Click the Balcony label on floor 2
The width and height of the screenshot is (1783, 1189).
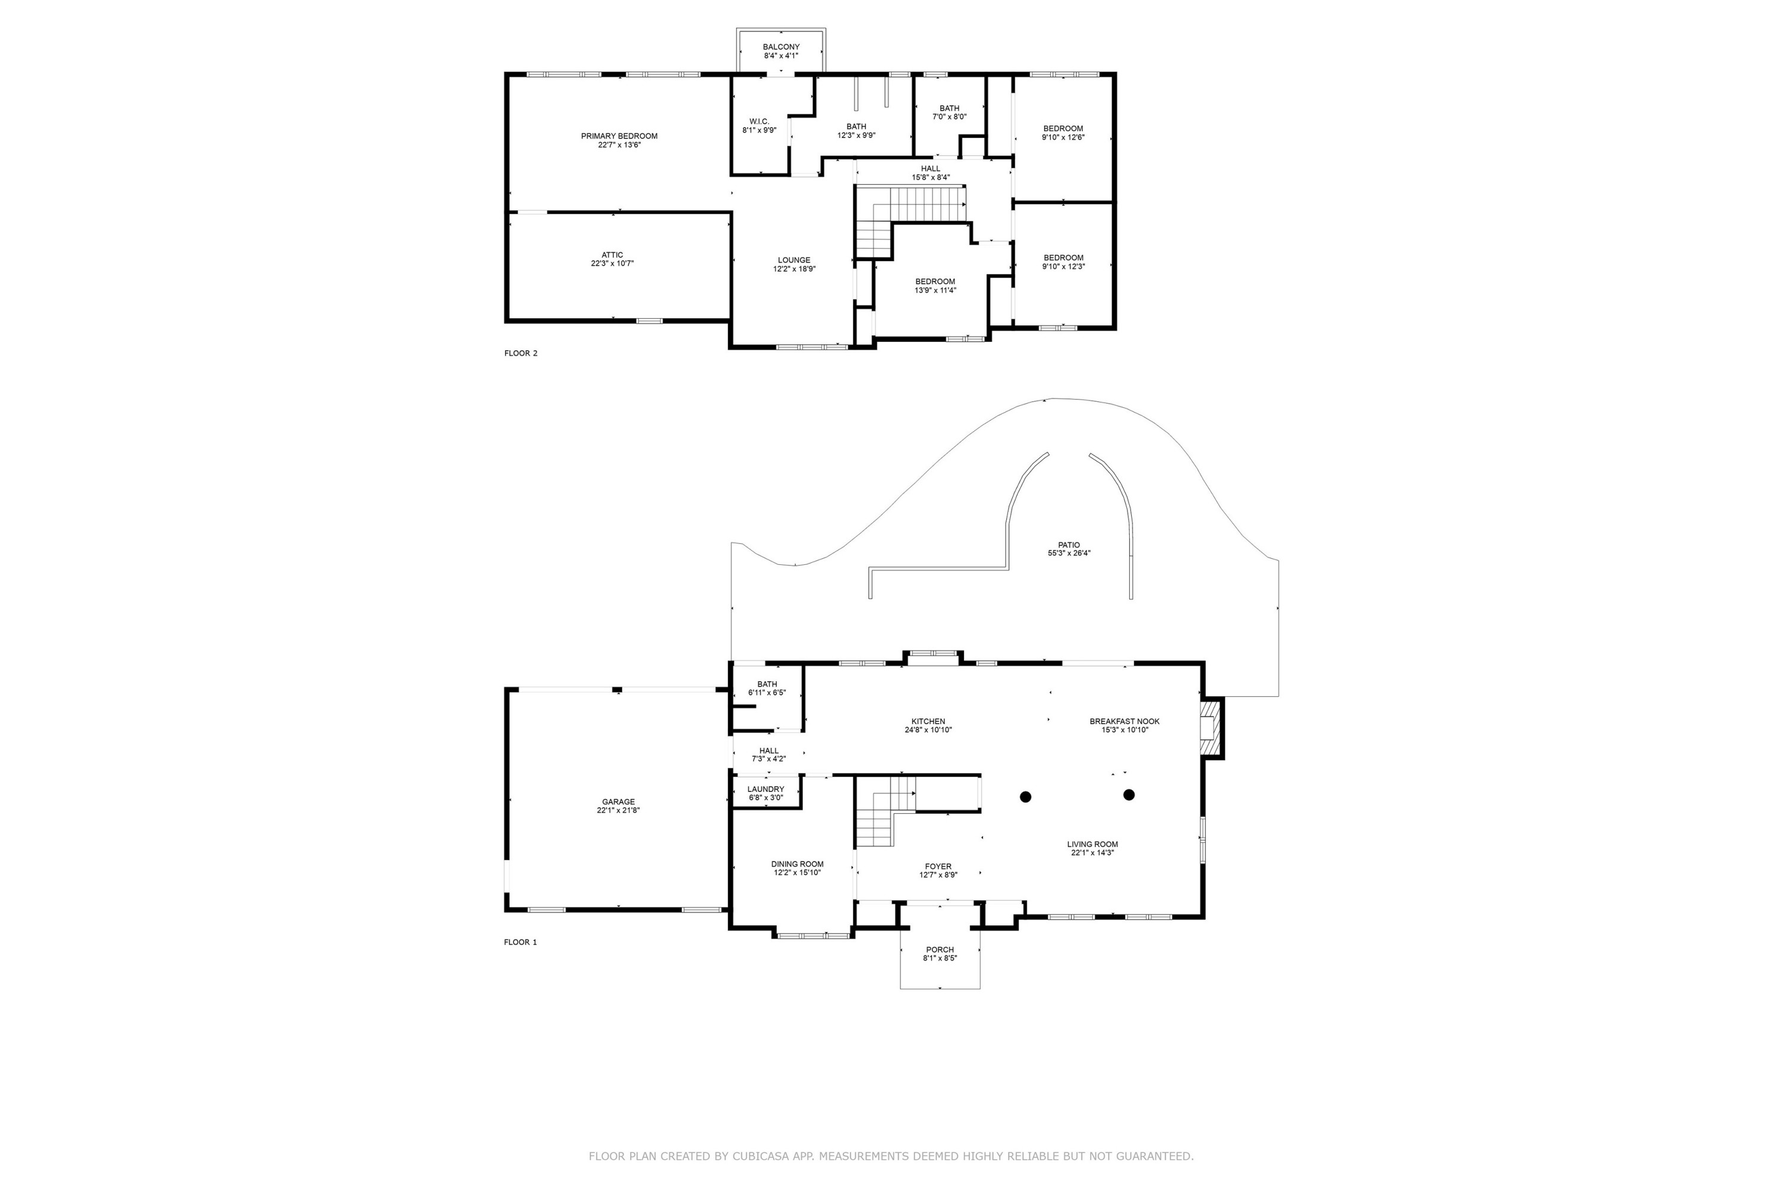[x=781, y=47]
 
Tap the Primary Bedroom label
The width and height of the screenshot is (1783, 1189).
[x=619, y=137]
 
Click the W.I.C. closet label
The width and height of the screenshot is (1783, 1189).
[x=759, y=121]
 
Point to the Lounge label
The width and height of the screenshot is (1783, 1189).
[x=793, y=260]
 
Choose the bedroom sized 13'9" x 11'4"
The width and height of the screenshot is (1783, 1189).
[x=935, y=286]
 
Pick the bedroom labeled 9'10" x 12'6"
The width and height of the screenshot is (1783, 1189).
[x=1062, y=133]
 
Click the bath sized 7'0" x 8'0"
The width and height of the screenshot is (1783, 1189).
[x=949, y=112]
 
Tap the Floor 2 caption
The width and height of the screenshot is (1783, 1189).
[x=520, y=353]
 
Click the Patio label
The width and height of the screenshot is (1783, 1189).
[x=1069, y=545]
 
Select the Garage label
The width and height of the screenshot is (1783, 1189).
[x=618, y=802]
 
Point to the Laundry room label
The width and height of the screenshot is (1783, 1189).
[x=766, y=789]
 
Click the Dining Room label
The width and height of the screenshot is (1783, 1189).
[x=797, y=864]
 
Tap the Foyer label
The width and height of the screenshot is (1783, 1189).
[x=938, y=867]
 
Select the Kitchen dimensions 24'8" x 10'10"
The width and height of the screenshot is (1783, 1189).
[x=928, y=730]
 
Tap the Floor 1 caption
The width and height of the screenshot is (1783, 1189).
[x=520, y=942]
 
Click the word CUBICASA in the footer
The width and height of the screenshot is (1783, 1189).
[x=760, y=1156]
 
